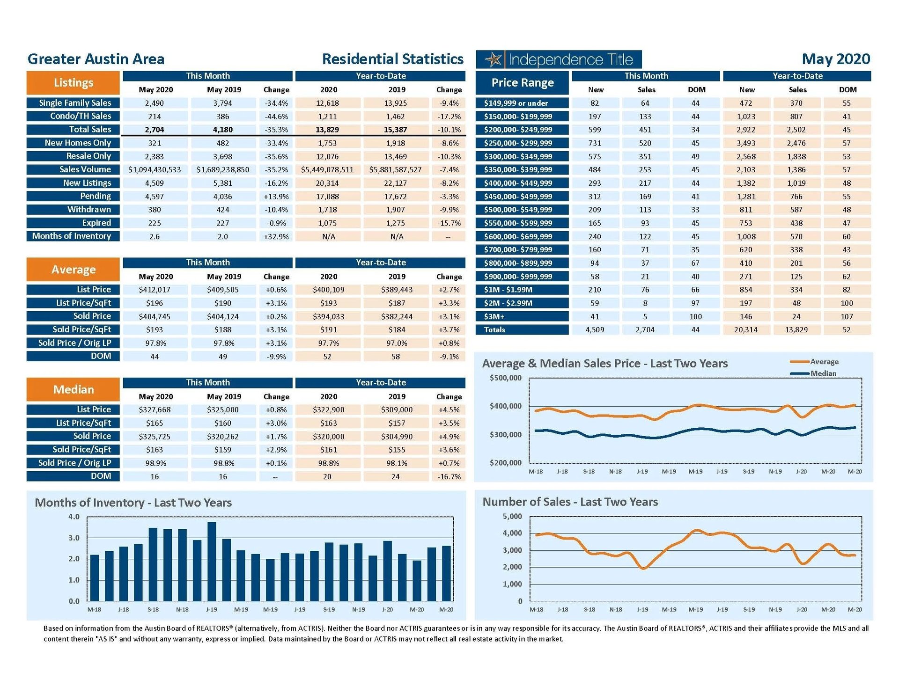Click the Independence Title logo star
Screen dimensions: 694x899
pos(493,59)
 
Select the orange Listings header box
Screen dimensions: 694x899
pos(73,83)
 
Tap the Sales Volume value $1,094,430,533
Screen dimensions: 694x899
pos(155,170)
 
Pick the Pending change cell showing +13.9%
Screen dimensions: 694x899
pos(276,197)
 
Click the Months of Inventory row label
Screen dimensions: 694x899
pos(72,236)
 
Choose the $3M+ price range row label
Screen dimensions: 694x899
pos(522,317)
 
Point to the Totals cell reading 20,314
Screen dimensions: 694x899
pos(745,330)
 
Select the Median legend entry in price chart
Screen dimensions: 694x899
pos(823,373)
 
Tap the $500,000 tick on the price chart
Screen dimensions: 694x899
pos(505,378)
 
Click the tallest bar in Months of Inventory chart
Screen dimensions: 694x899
pos(212,562)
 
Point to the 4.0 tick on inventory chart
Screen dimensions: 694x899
pos(74,517)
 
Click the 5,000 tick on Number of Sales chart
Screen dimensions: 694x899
pos(512,517)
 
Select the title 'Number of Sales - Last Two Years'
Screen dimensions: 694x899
pos(570,502)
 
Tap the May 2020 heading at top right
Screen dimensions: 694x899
pos(835,59)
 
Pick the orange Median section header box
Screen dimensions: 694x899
pos(73,390)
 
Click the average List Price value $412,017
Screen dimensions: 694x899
pos(155,290)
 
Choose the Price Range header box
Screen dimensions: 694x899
pos(522,83)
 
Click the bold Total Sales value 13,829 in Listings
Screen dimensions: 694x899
pos(327,130)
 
